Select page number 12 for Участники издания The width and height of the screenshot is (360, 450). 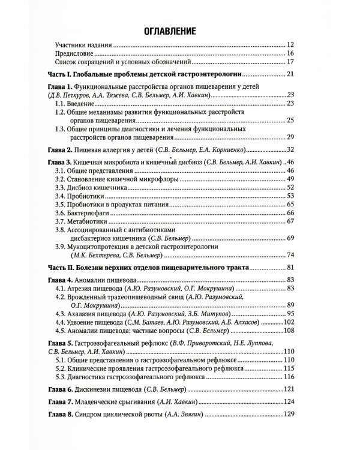tap(291, 46)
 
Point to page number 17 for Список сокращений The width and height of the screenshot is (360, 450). tap(291, 62)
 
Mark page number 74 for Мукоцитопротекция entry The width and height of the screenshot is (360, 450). tap(291, 255)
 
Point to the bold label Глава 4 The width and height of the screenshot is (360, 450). tap(59, 280)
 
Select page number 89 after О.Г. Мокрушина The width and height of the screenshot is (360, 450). tap(291, 305)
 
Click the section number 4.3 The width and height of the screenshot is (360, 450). tap(59, 314)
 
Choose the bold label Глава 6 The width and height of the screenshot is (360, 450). tap(59, 389)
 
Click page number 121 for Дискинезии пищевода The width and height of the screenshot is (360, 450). tap(289, 389)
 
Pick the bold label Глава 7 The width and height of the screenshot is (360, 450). tap(59, 401)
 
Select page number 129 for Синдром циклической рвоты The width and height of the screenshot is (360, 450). tap(289, 415)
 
